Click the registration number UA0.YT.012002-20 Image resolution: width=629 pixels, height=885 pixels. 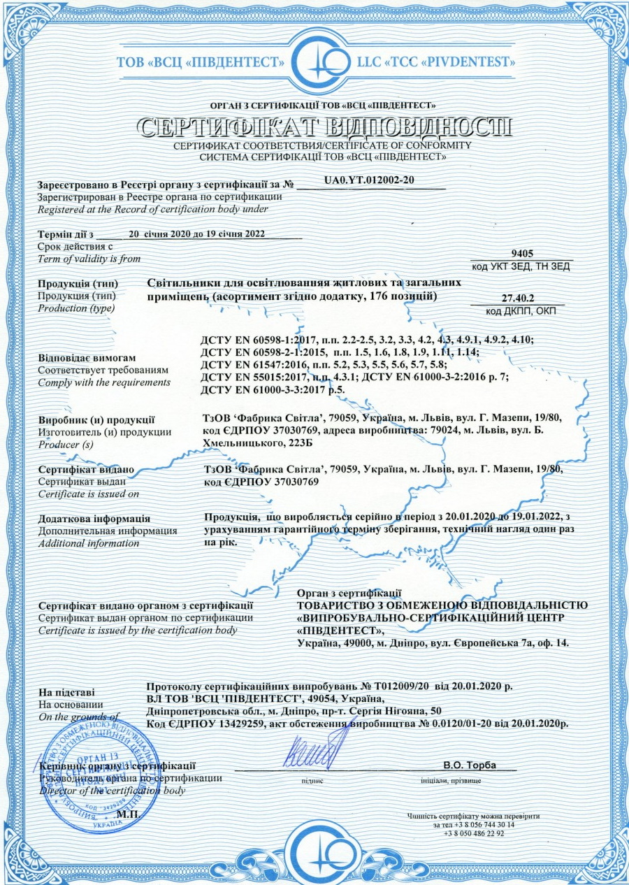370,180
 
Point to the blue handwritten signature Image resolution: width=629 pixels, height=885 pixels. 311,752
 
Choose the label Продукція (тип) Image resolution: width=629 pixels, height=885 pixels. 78,285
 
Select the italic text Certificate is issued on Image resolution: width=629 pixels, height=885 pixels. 89,494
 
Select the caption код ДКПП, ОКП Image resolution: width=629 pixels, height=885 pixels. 521,310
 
